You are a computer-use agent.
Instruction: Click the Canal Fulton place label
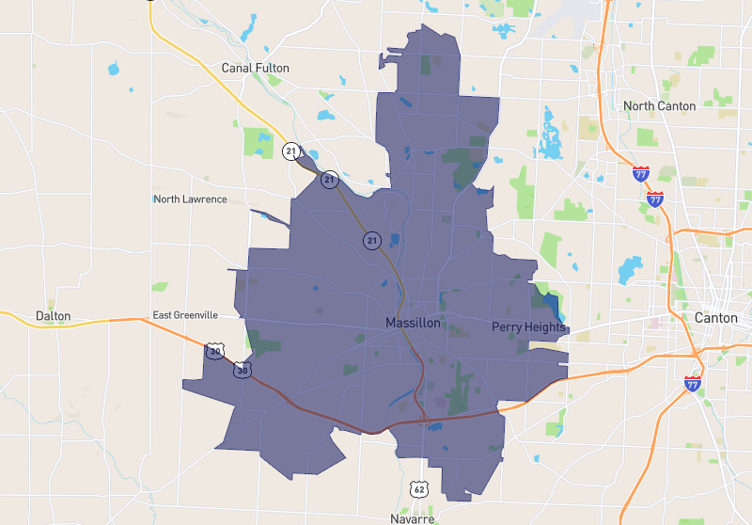click(255, 68)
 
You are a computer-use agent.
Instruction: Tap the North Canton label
click(659, 105)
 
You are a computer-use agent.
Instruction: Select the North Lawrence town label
click(190, 199)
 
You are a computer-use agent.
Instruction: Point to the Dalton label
click(52, 317)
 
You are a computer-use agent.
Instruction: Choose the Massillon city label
click(413, 323)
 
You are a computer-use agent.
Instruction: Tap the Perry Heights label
click(528, 326)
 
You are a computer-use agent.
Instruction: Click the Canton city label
click(715, 318)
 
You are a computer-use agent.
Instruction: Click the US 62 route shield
click(419, 487)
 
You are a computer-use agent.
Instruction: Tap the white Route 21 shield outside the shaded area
click(291, 151)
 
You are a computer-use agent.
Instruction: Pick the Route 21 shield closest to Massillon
click(372, 242)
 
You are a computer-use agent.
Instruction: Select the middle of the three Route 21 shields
click(329, 178)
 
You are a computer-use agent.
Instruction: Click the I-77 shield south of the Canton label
click(693, 383)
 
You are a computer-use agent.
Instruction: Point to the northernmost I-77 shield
click(640, 173)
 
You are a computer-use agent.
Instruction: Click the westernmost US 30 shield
click(215, 352)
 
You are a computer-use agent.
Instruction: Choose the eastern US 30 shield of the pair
click(243, 370)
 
